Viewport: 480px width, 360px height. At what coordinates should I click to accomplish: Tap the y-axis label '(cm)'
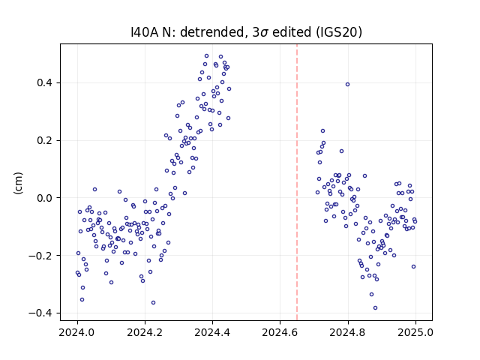click(18, 183)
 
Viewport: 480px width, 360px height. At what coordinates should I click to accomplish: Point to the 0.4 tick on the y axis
click(44, 83)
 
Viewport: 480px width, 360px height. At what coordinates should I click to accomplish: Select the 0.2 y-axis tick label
click(44, 140)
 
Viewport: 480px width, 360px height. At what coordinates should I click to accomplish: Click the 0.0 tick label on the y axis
click(44, 198)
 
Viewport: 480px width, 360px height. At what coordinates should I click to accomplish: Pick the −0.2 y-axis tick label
click(40, 255)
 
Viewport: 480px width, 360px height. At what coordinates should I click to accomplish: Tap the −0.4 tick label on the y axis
click(40, 313)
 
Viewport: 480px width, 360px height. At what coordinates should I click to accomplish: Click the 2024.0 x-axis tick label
click(77, 332)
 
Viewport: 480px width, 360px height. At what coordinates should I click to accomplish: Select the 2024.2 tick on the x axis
click(145, 332)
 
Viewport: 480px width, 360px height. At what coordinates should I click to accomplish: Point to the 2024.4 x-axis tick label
click(212, 332)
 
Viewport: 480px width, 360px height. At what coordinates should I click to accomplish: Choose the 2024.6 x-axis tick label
click(280, 332)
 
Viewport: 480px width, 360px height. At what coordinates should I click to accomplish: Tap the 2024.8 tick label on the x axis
click(347, 332)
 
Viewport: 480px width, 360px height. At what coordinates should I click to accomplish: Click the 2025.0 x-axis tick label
click(415, 332)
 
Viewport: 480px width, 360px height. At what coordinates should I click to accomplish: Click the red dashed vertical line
click(297, 182)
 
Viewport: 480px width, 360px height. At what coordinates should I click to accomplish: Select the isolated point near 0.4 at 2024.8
click(347, 85)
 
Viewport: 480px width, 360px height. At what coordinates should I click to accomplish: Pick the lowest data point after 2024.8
click(375, 308)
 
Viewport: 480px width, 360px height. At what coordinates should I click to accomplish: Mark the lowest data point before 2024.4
click(153, 303)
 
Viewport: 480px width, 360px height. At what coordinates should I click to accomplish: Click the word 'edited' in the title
click(292, 32)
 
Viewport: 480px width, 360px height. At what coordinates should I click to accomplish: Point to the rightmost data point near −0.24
click(413, 267)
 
